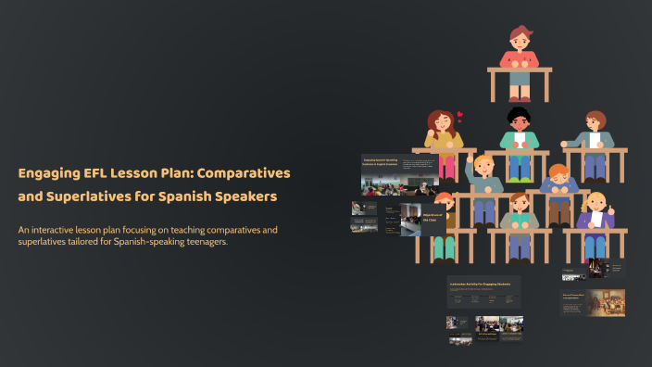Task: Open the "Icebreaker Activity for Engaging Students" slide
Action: coord(483,291)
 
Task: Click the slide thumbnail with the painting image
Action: coord(593,302)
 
